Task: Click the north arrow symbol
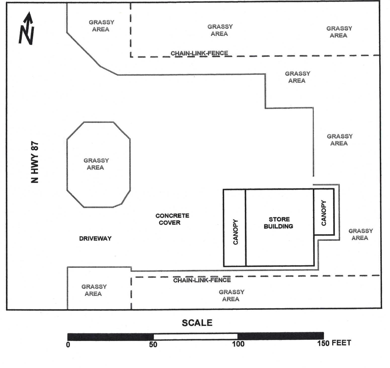tap(27, 28)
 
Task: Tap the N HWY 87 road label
tap(35, 162)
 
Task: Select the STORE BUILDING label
tap(279, 223)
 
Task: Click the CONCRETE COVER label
tap(172, 219)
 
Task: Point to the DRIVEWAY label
tap(95, 239)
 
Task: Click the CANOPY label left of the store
tap(235, 232)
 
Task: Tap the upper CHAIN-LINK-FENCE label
tap(199, 53)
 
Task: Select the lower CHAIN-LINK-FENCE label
tap(202, 280)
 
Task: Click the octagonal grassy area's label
tap(96, 164)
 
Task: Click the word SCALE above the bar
tap(197, 323)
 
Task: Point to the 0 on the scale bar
tap(68, 344)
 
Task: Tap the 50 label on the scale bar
tap(153, 344)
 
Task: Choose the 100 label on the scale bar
tap(238, 344)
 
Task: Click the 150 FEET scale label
tap(334, 343)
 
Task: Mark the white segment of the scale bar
tap(196, 336)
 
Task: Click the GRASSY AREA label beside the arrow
tap(101, 26)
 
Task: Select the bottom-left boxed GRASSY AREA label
tap(94, 290)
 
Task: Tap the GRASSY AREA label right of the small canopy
tap(360, 234)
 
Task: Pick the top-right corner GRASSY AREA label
tap(339, 32)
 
